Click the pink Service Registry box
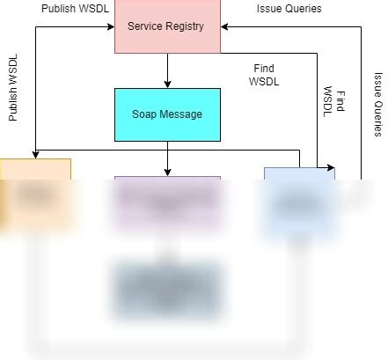(x=167, y=26)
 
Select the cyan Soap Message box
(x=167, y=114)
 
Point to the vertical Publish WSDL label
(x=13, y=88)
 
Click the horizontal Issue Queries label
(x=289, y=9)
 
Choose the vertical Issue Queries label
(x=377, y=104)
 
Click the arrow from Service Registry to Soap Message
(x=167, y=70)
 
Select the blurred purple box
(x=167, y=204)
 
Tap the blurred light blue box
(x=299, y=202)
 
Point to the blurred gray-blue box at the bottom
(x=167, y=290)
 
